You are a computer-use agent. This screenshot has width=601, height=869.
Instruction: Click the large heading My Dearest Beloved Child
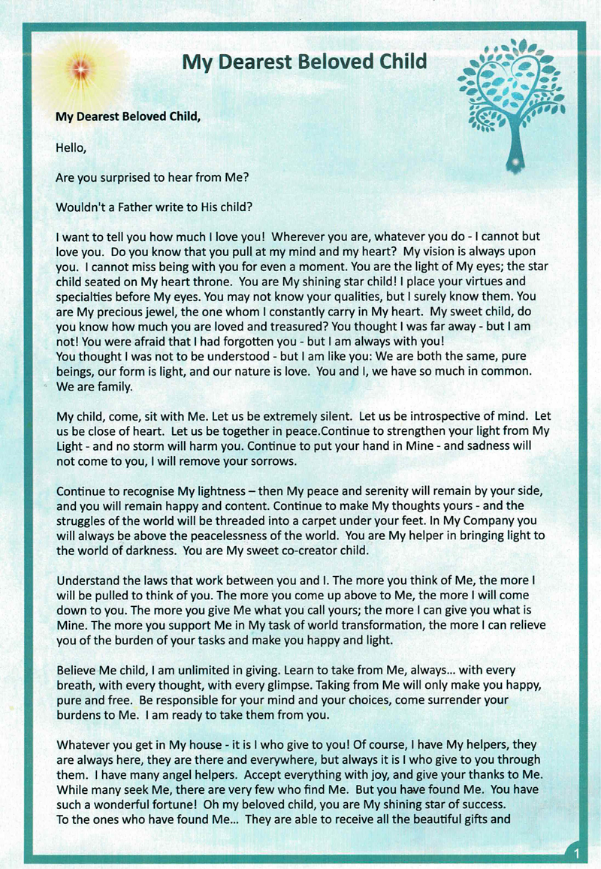coord(304,62)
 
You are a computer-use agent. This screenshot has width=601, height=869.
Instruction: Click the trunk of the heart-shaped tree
coord(515,143)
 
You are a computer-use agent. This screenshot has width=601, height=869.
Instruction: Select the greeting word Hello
coord(71,148)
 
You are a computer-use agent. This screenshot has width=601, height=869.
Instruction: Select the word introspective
coord(430,416)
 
